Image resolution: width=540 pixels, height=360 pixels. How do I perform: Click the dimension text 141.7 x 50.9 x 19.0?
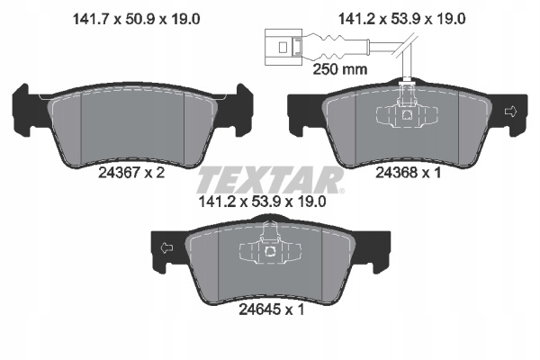click(137, 19)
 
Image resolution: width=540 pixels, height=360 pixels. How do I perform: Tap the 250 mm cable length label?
click(340, 69)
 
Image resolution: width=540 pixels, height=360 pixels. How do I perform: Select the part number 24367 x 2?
click(131, 173)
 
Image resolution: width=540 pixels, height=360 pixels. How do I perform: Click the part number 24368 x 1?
click(408, 173)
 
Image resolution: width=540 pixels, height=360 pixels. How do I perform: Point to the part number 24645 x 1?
click(272, 310)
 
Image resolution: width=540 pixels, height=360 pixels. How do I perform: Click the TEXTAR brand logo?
click(270, 180)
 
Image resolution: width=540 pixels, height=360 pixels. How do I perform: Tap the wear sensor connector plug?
click(283, 47)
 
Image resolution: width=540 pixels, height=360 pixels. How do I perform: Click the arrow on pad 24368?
click(510, 112)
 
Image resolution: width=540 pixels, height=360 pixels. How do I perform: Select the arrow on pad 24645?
click(167, 247)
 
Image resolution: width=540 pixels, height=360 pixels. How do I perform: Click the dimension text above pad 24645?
click(263, 202)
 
